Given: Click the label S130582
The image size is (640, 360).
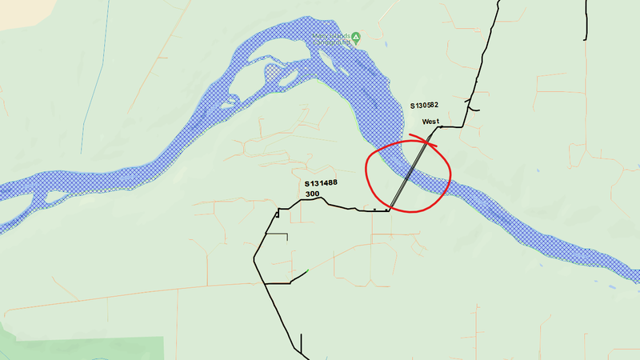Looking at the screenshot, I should pos(424,106).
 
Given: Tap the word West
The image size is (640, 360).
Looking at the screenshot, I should pos(431,121).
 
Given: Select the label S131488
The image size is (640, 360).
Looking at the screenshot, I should pos(320,183).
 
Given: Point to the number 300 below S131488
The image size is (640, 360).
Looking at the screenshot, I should pos(312,194).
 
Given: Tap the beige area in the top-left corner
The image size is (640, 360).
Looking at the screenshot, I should pos(16,12).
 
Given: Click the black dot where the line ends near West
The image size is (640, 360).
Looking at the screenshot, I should pos(441,126).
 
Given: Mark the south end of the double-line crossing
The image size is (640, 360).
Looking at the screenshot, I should pos(388,210).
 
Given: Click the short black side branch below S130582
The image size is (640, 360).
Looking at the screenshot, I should pos(474,109).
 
